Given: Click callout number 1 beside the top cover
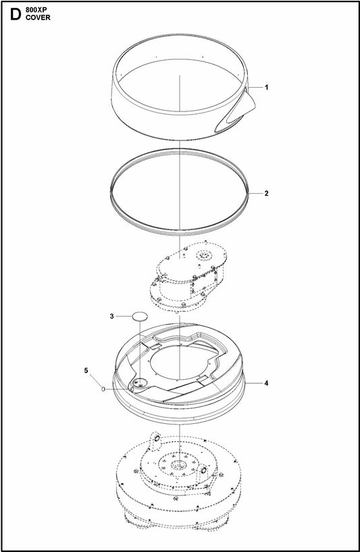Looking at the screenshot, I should [x=267, y=87].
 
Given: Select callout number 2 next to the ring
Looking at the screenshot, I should [x=267, y=193].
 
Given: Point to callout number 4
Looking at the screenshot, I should [x=267, y=383].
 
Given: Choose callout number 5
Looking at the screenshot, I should [x=86, y=370].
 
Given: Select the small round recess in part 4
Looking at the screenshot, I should [x=139, y=383].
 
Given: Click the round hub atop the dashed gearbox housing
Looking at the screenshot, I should [x=203, y=255].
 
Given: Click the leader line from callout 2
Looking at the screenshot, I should [x=255, y=193].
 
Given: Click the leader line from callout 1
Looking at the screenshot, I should [x=255, y=87].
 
